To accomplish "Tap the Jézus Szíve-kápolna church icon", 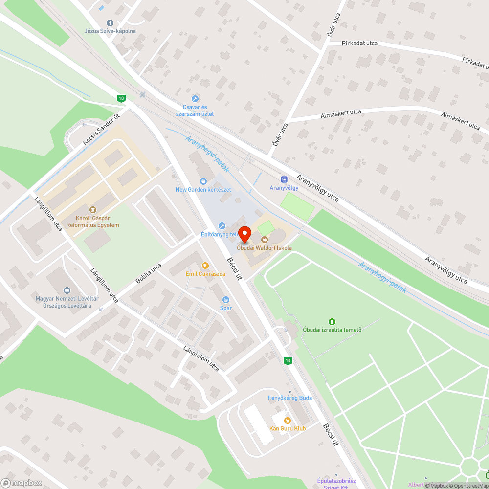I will (110, 23).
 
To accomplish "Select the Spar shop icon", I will (226, 300).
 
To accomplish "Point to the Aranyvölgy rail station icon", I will (284, 179).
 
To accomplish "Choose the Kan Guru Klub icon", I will (288, 420).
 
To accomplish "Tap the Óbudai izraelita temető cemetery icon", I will (332, 321).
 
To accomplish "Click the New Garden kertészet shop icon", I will (203, 181).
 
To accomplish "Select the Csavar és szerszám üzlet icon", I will (195, 99).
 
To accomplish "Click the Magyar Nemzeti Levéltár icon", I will (67, 290).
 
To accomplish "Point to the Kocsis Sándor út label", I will (101, 129).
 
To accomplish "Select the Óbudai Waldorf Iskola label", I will (264, 248).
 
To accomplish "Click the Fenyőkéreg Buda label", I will (290, 398).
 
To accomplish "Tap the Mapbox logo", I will (22, 483).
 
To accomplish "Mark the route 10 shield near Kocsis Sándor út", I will (121, 98).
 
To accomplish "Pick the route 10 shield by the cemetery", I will (288, 361).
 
